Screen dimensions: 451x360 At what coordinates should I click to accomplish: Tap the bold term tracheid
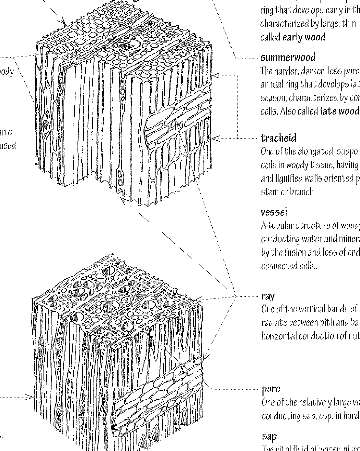[x=278, y=138]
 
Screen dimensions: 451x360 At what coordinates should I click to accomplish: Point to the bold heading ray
[x=268, y=297]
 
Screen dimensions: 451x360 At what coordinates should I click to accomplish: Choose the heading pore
[x=270, y=389]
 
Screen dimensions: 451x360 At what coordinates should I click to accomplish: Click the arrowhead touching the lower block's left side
[x=32, y=397]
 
